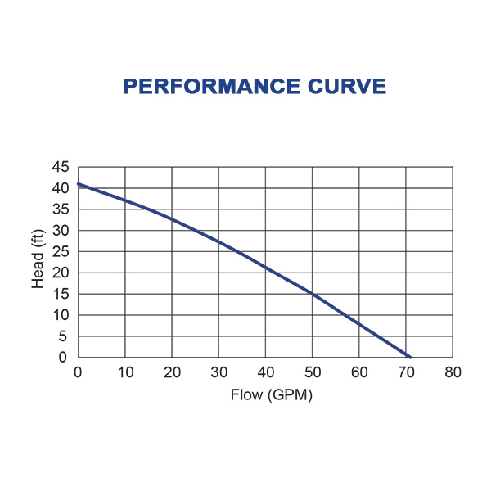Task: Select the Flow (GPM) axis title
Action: pos(265,394)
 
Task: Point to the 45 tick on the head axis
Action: pos(61,167)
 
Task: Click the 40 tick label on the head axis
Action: pos(61,188)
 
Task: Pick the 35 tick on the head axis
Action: pos(61,209)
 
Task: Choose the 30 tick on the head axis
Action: pos(61,231)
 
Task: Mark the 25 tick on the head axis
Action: pos(61,252)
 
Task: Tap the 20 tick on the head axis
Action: pos(61,273)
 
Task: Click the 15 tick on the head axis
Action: pos(61,295)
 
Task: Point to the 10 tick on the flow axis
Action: pos(124,372)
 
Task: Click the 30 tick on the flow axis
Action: pos(218,372)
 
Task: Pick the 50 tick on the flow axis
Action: pos(312,372)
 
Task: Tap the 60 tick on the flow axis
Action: pos(359,372)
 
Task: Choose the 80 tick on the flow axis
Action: pos(453,372)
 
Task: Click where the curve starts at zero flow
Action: pos(79,184)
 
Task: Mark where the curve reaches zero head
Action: pos(409,357)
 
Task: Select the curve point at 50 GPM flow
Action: pos(312,294)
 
